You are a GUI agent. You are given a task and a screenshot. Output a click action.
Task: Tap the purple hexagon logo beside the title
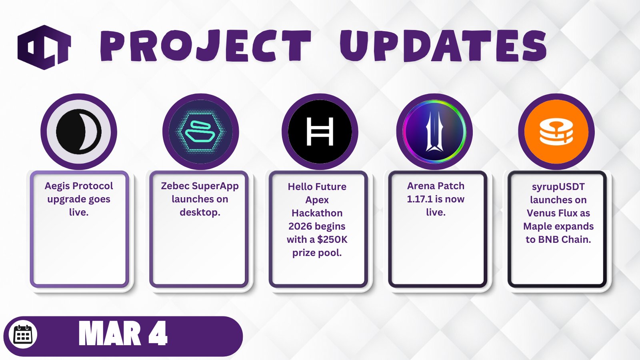tap(44, 47)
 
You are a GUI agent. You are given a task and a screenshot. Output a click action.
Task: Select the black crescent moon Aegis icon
tap(79, 132)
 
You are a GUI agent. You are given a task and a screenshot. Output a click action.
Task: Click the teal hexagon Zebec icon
tap(200, 132)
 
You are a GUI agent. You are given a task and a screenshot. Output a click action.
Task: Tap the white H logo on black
tap(320, 132)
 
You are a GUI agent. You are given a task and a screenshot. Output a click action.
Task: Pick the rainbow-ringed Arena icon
tap(434, 132)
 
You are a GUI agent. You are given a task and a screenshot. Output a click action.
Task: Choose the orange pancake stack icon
tap(556, 132)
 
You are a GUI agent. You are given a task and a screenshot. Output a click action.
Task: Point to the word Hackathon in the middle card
tap(317, 213)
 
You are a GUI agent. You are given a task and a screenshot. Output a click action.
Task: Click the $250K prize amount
tap(332, 240)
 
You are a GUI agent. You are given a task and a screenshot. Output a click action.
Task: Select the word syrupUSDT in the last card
tap(558, 187)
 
